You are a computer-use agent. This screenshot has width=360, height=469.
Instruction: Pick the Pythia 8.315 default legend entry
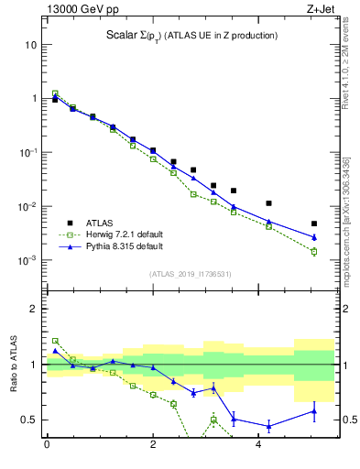pos(122,246)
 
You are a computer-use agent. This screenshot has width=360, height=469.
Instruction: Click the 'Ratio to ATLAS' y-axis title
pos(14,364)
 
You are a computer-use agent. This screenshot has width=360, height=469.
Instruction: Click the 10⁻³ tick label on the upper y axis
pos(28,260)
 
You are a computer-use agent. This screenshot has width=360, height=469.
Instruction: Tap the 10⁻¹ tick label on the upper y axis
pos(28,152)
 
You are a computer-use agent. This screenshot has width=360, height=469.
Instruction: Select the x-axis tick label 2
pos(152,444)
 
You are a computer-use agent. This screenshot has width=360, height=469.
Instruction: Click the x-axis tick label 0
pos(46,444)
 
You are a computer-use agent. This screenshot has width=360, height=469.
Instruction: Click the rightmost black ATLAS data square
pos(313,224)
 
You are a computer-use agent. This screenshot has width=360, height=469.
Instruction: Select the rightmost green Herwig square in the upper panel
pos(313,251)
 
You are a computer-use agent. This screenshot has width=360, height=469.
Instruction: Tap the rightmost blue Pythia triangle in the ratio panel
pos(313,411)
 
